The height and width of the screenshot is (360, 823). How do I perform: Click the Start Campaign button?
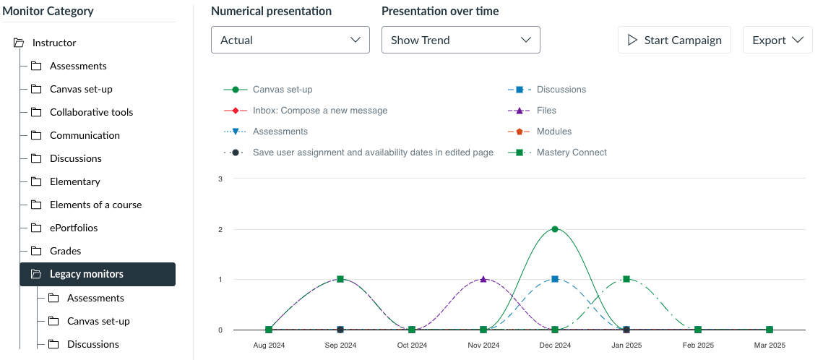click(674, 40)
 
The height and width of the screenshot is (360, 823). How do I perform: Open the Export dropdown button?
click(778, 40)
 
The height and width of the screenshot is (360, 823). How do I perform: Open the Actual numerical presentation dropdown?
click(290, 40)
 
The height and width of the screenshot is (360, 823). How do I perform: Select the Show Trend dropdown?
click(461, 40)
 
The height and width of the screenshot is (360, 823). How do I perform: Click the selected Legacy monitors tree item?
click(98, 274)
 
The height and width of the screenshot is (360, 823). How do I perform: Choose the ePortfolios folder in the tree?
click(74, 228)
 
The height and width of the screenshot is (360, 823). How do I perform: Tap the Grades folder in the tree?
click(65, 251)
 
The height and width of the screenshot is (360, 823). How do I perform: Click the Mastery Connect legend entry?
click(557, 153)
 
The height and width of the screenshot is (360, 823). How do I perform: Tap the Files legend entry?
click(533, 111)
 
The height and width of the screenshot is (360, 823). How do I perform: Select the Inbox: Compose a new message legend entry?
click(306, 111)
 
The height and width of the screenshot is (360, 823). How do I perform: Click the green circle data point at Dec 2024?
click(555, 229)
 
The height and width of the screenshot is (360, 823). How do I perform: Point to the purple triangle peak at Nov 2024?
click(483, 278)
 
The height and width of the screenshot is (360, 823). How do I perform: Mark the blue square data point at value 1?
click(555, 279)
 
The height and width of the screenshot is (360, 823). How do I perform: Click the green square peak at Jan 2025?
click(626, 279)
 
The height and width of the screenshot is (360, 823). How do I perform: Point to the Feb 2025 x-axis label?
click(697, 346)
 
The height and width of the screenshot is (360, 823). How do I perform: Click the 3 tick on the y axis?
click(220, 179)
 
